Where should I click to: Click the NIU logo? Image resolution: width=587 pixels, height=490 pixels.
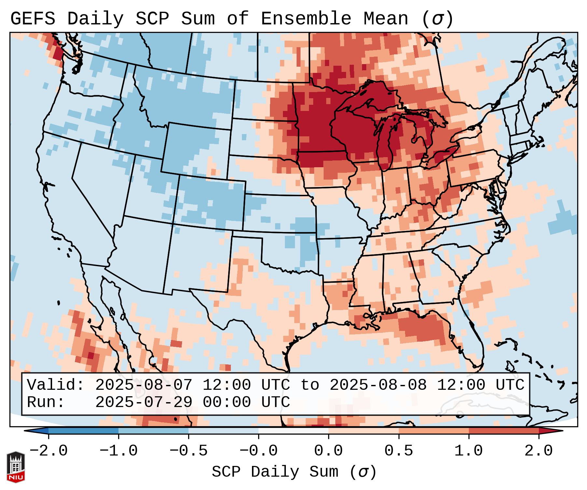pos(16,467)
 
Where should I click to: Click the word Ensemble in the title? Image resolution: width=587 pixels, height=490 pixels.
pos(306,19)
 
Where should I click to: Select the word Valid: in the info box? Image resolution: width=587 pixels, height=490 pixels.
pos(56,385)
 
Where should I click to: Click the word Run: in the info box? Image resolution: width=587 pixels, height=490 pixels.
pos(46,402)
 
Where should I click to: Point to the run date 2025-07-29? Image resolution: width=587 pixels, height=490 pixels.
pos(144,402)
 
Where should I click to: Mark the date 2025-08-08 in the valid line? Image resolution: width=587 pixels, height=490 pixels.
pos(378,385)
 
